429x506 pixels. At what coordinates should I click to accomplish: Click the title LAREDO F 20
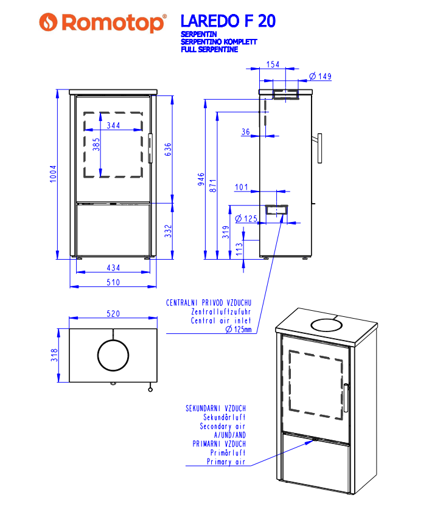tap(228, 21)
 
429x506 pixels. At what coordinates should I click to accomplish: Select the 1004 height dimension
tap(53, 174)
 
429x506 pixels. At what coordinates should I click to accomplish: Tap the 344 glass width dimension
tap(113, 126)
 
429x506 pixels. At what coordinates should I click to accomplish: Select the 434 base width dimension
tap(113, 268)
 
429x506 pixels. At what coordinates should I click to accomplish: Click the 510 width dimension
tap(113, 282)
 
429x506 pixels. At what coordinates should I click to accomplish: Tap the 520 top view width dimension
tap(113, 314)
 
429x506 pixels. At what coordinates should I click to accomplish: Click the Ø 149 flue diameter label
tap(319, 77)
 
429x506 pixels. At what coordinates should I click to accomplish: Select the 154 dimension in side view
tap(273, 64)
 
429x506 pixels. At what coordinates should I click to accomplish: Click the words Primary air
tap(226, 462)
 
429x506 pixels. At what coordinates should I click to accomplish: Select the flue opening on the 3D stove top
tap(327, 324)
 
